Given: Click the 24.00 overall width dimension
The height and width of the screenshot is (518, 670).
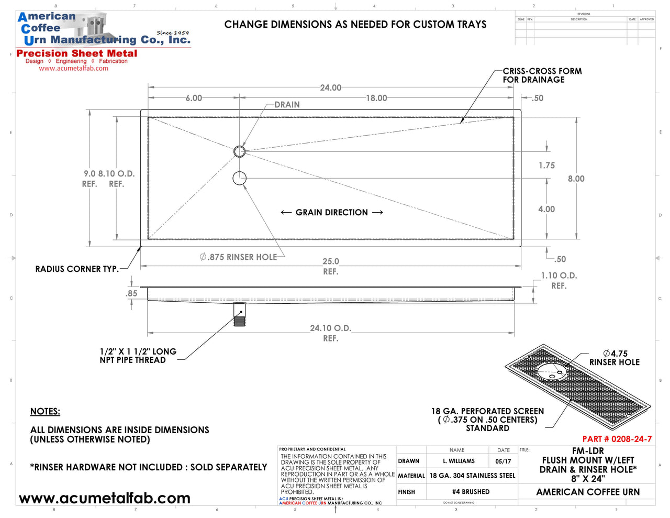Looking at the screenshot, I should coord(331,87).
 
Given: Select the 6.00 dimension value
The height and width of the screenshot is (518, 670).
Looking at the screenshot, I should coord(194,98).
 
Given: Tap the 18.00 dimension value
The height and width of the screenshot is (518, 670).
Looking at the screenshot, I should coord(376,98).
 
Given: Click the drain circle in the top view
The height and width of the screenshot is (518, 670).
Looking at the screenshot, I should coord(239,151).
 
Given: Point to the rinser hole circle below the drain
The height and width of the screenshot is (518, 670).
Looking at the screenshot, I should coord(239,178).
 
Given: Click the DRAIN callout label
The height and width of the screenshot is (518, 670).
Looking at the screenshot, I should coord(287,105).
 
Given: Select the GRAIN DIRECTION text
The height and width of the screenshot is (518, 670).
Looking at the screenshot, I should coord(332,212).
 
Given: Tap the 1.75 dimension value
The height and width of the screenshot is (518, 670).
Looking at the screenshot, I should coord(546,166).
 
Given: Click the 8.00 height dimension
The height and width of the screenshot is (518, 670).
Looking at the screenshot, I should coord(576,179).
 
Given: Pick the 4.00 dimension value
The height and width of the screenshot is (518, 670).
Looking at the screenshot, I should coord(546,209).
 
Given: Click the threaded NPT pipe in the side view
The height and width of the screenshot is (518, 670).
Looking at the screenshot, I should coord(239,316).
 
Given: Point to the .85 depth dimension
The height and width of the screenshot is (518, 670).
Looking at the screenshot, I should coord(132,293).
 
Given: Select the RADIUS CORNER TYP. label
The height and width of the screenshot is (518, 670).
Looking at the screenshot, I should coord(77,269).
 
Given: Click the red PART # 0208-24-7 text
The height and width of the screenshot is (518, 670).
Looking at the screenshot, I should coord(617,439).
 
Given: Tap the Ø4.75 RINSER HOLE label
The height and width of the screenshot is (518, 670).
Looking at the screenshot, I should coord(615,358).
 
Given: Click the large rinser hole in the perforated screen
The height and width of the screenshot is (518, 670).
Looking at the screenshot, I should coord(551,371).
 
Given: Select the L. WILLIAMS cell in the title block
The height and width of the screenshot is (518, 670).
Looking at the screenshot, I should coord(459,461).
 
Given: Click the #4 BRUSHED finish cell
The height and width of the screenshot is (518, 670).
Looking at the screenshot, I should coord(471,492).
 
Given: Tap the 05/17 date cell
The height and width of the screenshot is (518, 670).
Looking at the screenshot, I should coord(503,461).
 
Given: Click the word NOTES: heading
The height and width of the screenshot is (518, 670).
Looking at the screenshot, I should coord(45,412).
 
